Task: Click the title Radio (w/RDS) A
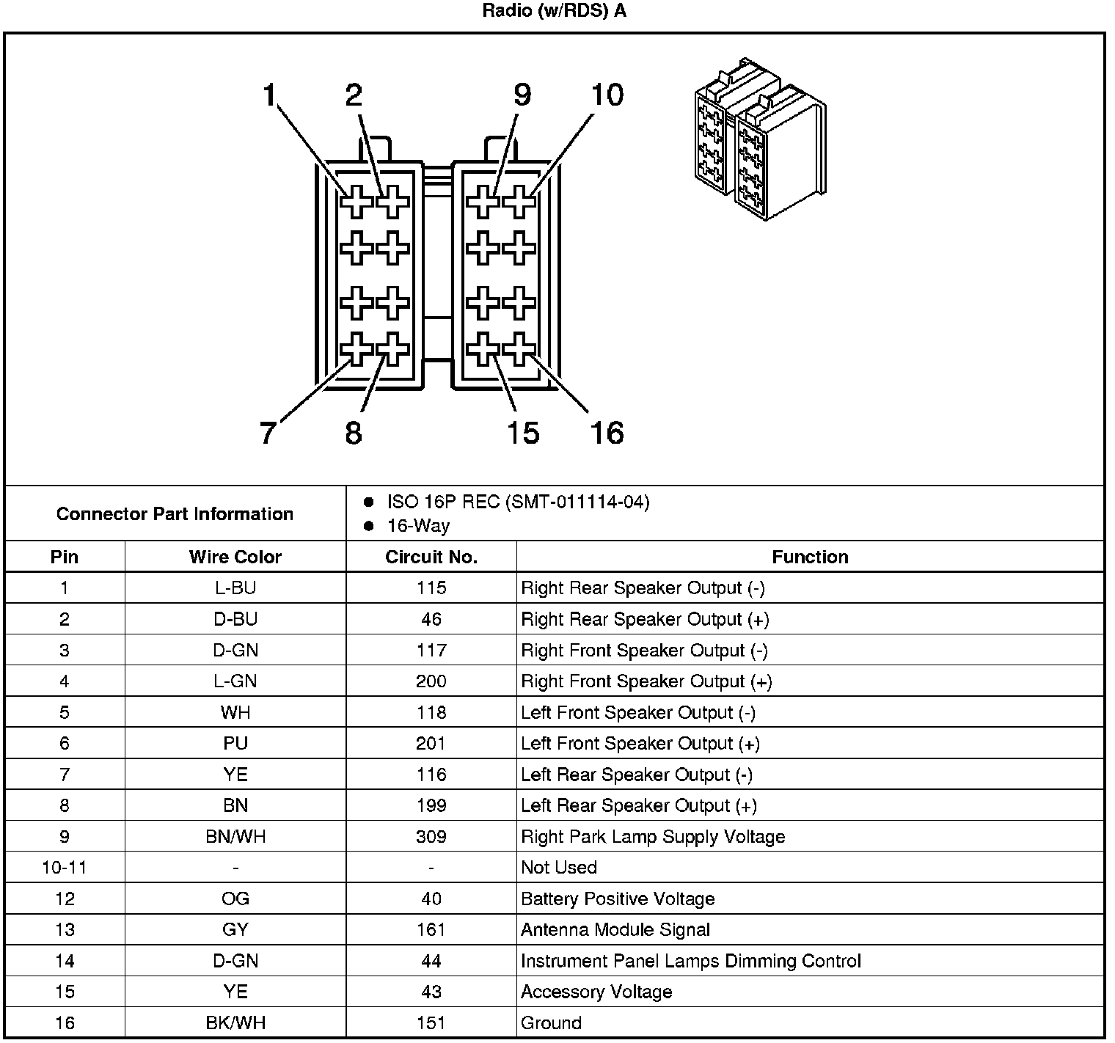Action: (554, 12)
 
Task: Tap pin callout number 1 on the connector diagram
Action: (269, 95)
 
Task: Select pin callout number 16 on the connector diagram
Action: (607, 433)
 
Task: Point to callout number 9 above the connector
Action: (522, 95)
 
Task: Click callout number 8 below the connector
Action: (354, 433)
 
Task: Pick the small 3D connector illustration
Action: (759, 139)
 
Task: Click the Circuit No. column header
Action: (431, 557)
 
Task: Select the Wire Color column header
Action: (235, 557)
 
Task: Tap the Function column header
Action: (810, 557)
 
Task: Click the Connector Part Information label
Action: (175, 513)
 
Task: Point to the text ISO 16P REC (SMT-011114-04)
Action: (518, 502)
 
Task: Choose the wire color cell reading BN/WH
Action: (235, 837)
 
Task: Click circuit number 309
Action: (431, 837)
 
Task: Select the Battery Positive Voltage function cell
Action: (618, 899)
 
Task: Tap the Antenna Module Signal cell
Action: (615, 930)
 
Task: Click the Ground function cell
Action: (551, 1022)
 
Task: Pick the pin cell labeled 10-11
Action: (65, 868)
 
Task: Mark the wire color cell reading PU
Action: (235, 744)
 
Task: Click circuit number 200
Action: (431, 681)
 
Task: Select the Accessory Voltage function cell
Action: (596, 992)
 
